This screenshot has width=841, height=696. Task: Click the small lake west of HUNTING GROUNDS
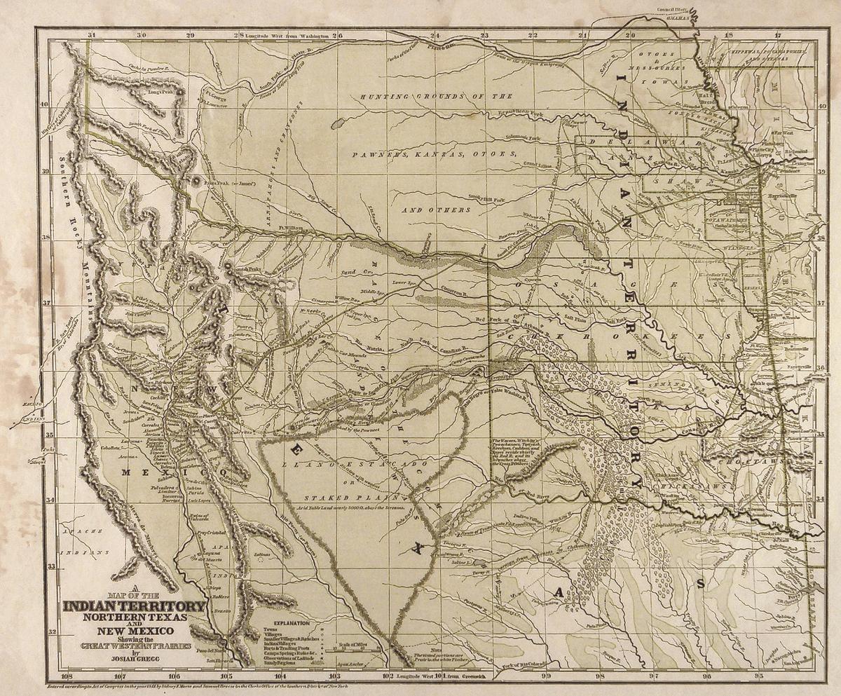tap(336, 124)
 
